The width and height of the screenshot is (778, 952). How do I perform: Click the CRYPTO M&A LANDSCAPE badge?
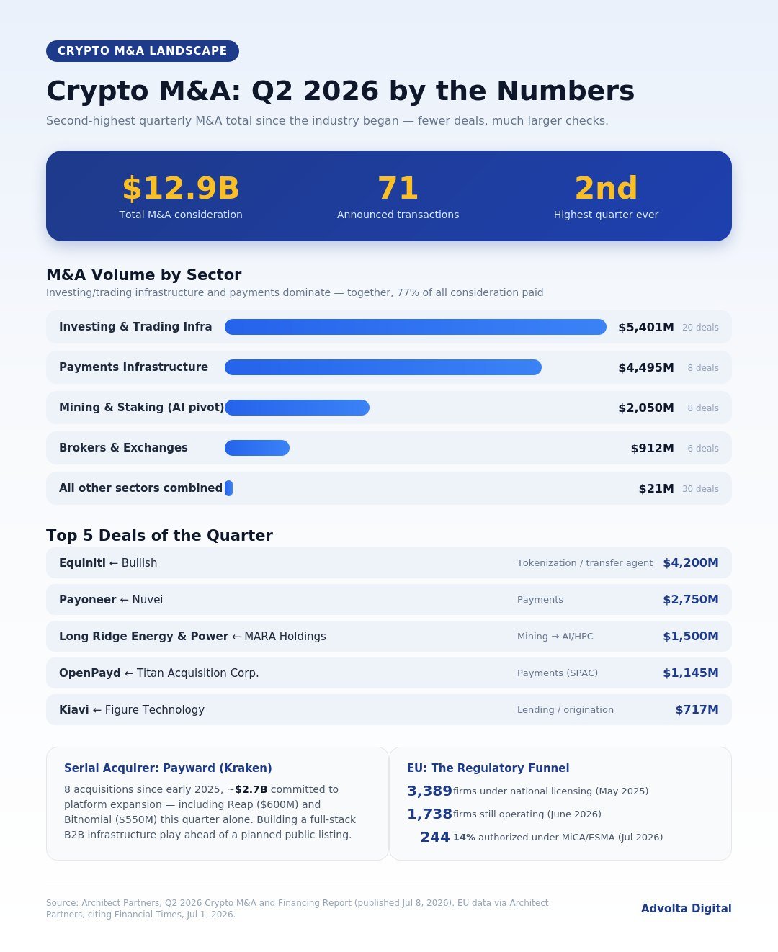(x=142, y=51)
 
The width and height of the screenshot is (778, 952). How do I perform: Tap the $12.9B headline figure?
(x=181, y=188)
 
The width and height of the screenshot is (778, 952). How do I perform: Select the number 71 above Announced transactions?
(x=398, y=188)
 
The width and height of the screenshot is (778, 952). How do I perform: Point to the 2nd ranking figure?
(x=606, y=188)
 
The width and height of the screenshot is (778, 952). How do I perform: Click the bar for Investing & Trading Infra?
(x=416, y=327)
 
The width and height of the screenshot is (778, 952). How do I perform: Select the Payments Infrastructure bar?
(x=383, y=367)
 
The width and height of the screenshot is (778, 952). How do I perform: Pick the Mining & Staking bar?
(x=297, y=408)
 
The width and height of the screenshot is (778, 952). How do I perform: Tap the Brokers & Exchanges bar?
(x=257, y=448)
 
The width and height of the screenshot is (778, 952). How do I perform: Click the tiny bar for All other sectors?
(x=228, y=488)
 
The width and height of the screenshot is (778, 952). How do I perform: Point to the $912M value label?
(x=652, y=448)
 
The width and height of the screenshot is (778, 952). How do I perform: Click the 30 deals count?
(x=700, y=488)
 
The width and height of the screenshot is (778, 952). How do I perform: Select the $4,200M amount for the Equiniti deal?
(x=690, y=563)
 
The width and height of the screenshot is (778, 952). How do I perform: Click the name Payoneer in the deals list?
(x=88, y=599)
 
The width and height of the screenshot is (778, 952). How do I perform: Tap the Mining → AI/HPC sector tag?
(x=555, y=636)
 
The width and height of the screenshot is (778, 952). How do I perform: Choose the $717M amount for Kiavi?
(x=697, y=709)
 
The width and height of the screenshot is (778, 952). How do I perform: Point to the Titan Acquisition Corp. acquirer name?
(x=198, y=673)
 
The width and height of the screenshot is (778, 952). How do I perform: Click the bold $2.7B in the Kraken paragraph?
(x=251, y=789)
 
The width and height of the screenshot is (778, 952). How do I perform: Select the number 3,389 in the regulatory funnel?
(x=429, y=791)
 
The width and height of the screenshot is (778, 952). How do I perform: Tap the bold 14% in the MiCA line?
(x=464, y=838)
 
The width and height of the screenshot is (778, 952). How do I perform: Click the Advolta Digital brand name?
(x=686, y=908)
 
